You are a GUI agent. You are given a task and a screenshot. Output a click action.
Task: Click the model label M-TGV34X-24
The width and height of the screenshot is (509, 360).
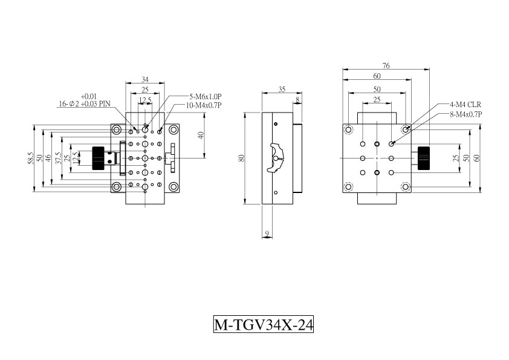pyautogui.click(x=263, y=324)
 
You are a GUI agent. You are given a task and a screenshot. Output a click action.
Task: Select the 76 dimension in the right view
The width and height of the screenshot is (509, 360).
pyautogui.click(x=386, y=65)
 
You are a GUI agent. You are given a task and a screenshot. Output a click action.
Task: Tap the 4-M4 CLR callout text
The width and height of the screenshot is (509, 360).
pyautogui.click(x=465, y=105)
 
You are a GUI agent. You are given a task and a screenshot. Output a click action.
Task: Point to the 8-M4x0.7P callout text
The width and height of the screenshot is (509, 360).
pyautogui.click(x=466, y=114)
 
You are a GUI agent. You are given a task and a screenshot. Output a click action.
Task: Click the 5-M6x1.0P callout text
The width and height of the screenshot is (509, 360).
pyautogui.click(x=206, y=96)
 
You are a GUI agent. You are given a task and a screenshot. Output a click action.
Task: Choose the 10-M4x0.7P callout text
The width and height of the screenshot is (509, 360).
pyautogui.click(x=204, y=105)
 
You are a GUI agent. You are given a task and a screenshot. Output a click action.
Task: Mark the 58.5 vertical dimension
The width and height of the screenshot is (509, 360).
pyautogui.click(x=30, y=159)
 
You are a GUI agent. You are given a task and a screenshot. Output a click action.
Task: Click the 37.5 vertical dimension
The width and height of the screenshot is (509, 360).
pyautogui.click(x=59, y=159)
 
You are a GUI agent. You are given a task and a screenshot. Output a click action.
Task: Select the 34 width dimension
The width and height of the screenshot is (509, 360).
pyautogui.click(x=145, y=79)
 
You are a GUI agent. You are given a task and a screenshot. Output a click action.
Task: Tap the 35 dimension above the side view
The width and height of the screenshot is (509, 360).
pyautogui.click(x=282, y=89)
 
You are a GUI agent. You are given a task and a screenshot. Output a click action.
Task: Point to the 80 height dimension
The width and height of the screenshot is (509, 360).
pyautogui.click(x=241, y=159)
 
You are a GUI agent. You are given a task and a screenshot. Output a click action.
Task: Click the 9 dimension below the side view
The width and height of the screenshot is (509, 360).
pyautogui.click(x=267, y=234)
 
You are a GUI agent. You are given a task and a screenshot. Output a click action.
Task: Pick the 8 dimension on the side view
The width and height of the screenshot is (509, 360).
pyautogui.click(x=297, y=100)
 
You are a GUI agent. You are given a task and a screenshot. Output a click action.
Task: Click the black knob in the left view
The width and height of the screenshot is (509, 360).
pyautogui.click(x=98, y=159)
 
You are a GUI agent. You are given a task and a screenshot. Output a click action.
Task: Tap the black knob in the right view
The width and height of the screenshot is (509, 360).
pyautogui.click(x=424, y=159)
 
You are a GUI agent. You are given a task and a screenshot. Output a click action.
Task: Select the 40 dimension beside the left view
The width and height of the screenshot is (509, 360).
pyautogui.click(x=201, y=135)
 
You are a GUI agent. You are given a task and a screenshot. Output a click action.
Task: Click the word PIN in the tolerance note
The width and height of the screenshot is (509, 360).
pyautogui.click(x=105, y=104)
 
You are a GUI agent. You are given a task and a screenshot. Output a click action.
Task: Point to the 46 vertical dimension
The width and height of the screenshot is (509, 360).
pyautogui.click(x=48, y=159)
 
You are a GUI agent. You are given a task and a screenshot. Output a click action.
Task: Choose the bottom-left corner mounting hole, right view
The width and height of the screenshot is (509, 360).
pyautogui.click(x=348, y=187)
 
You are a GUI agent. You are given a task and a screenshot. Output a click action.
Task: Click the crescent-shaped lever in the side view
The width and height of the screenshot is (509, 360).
pyautogui.click(x=276, y=158)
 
